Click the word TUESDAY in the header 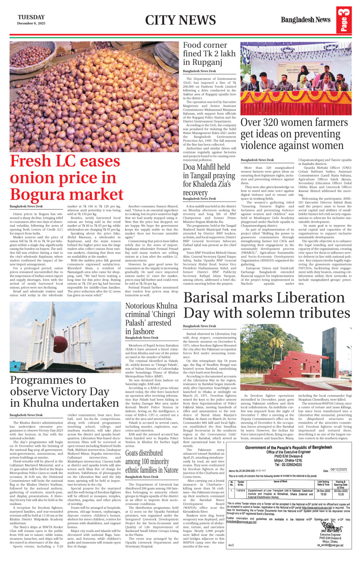point(31,17)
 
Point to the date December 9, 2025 point(31,23)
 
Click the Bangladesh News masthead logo point(305,20)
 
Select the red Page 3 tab point(344,20)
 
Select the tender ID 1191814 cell point(241,490)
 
